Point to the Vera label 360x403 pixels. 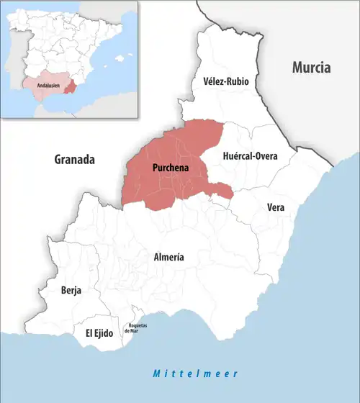(275, 207)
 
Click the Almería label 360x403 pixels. (169, 257)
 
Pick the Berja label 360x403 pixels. (71, 291)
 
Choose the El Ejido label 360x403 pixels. (99, 333)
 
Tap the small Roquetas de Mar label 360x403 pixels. (138, 328)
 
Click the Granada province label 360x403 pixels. (75, 160)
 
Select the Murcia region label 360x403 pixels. (311, 68)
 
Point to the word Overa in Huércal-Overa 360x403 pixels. (263, 155)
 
